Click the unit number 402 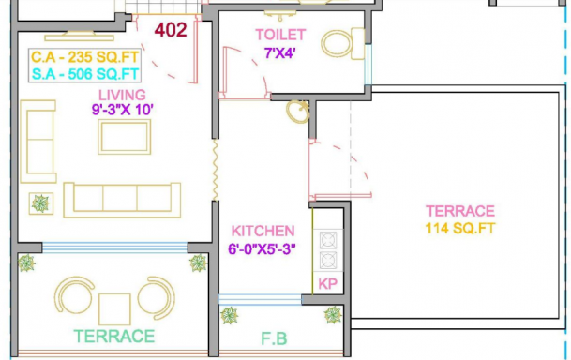171,30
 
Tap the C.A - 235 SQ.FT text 84,57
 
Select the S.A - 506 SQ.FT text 85,74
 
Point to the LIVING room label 122,95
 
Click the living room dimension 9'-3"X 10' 122,109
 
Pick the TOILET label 280,35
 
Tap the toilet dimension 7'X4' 279,53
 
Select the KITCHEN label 263,232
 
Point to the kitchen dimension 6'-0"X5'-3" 262,249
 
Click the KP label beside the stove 328,284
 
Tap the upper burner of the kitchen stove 328,241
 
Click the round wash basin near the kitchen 297,112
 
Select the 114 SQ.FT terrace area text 460,229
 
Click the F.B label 274,338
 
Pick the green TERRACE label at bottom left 114,337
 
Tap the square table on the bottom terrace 114,309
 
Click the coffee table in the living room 125,137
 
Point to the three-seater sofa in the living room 122,200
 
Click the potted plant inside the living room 41,203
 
